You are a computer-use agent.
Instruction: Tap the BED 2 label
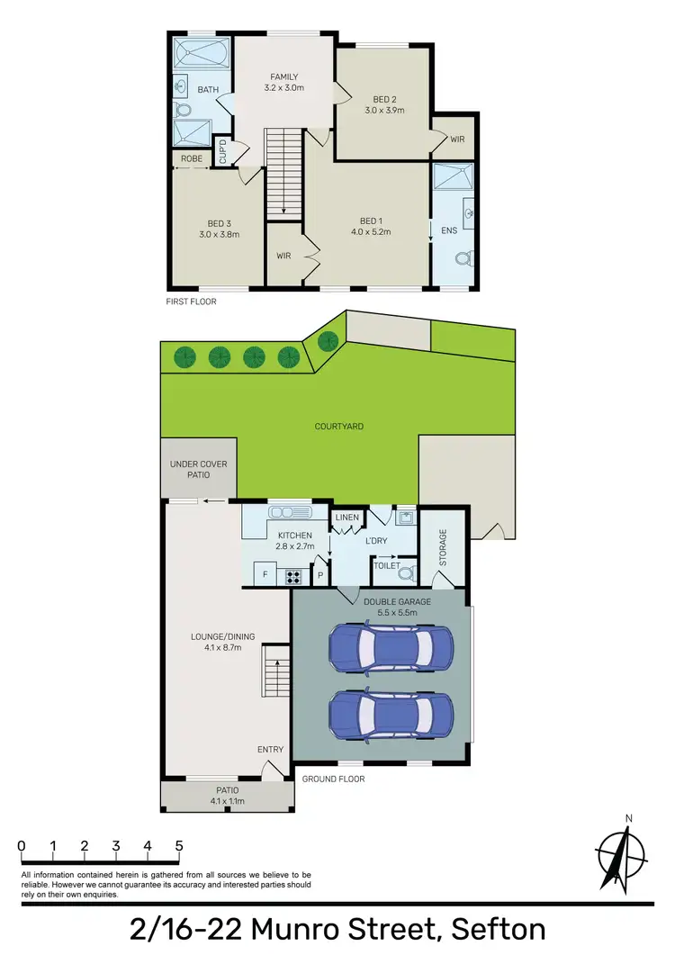pyautogui.click(x=384, y=100)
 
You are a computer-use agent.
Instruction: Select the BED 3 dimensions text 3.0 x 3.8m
pyautogui.click(x=220, y=235)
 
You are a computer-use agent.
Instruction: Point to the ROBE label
pyautogui.click(x=191, y=158)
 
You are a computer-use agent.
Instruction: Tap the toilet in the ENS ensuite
pyautogui.click(x=463, y=259)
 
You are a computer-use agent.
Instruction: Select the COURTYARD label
pyautogui.click(x=338, y=427)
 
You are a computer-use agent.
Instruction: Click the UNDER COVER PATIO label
pyautogui.click(x=199, y=470)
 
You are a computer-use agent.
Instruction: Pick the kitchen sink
pyautogui.click(x=290, y=513)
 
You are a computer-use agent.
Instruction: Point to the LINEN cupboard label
pyautogui.click(x=346, y=518)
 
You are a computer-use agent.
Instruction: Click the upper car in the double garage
pyautogui.click(x=391, y=645)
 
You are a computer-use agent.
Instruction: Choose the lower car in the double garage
pyautogui.click(x=391, y=715)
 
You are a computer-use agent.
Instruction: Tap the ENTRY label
pyautogui.click(x=270, y=749)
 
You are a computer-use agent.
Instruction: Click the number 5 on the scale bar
pyautogui.click(x=179, y=846)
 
